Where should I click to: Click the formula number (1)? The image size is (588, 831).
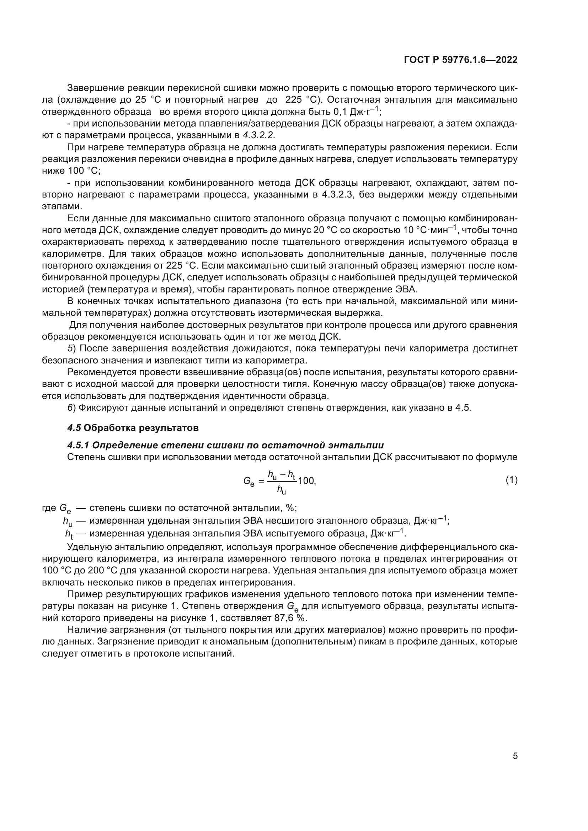click(x=511, y=480)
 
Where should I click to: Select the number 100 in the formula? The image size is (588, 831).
click(x=306, y=481)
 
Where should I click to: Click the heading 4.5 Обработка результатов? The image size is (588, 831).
click(x=133, y=428)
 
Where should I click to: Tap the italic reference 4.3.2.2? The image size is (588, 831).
click(x=258, y=135)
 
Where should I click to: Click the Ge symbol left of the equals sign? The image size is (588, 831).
click(x=249, y=481)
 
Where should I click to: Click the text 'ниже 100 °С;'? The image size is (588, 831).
click(x=71, y=171)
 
